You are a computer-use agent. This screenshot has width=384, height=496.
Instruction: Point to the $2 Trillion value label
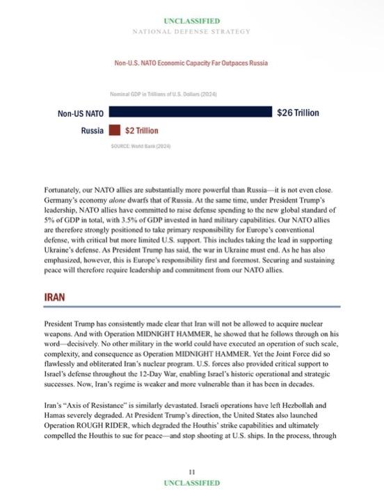pos(142,130)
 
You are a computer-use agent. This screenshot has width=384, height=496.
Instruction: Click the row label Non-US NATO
pos(80,112)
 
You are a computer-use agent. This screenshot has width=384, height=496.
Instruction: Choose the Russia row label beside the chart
pos(92,130)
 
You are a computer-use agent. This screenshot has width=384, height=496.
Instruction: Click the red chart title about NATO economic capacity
pos(191,63)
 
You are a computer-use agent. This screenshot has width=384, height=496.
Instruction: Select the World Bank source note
pos(141,146)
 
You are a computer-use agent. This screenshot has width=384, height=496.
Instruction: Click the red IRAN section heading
pos(55,296)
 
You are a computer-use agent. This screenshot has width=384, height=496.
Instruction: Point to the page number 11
pos(191,471)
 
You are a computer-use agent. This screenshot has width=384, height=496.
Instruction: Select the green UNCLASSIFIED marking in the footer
pos(191,482)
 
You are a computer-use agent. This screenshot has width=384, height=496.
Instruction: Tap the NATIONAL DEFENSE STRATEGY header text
pos(191,32)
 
